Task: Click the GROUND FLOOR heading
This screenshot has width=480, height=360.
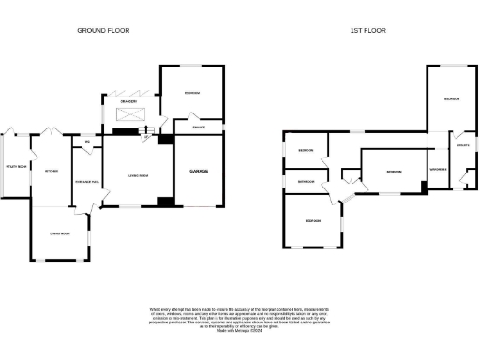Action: (x=103, y=31)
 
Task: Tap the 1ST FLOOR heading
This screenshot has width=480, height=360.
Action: (x=368, y=31)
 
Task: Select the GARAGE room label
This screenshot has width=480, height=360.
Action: (x=199, y=171)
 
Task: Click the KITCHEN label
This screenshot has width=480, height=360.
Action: (x=52, y=171)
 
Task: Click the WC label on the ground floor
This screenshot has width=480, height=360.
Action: (x=87, y=142)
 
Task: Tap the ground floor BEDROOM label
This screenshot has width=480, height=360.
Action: (x=191, y=93)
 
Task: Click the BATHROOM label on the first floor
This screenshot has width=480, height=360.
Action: (x=306, y=180)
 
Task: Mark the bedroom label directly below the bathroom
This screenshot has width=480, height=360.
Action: (x=312, y=220)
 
